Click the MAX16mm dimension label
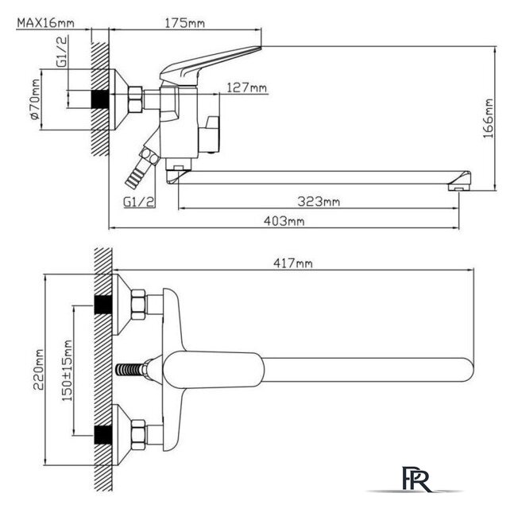click(x=45, y=23)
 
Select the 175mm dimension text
click(x=184, y=23)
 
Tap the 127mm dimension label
click(x=247, y=87)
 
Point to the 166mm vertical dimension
click(x=489, y=119)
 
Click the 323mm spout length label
click(x=319, y=201)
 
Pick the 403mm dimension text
click(x=284, y=221)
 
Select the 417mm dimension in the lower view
click(x=293, y=263)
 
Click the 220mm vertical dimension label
click(x=38, y=369)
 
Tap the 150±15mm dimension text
click(x=68, y=371)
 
